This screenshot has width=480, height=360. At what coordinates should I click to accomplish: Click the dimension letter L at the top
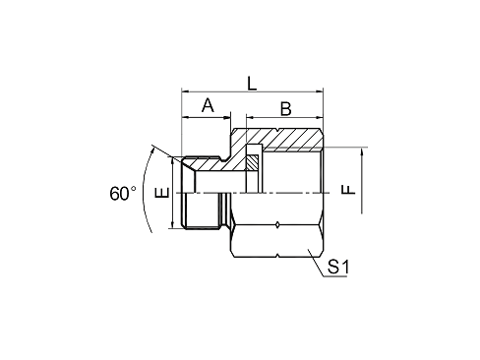253,87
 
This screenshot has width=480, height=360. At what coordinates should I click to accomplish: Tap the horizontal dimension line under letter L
253,96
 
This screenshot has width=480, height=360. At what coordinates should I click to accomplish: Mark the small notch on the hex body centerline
278,225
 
